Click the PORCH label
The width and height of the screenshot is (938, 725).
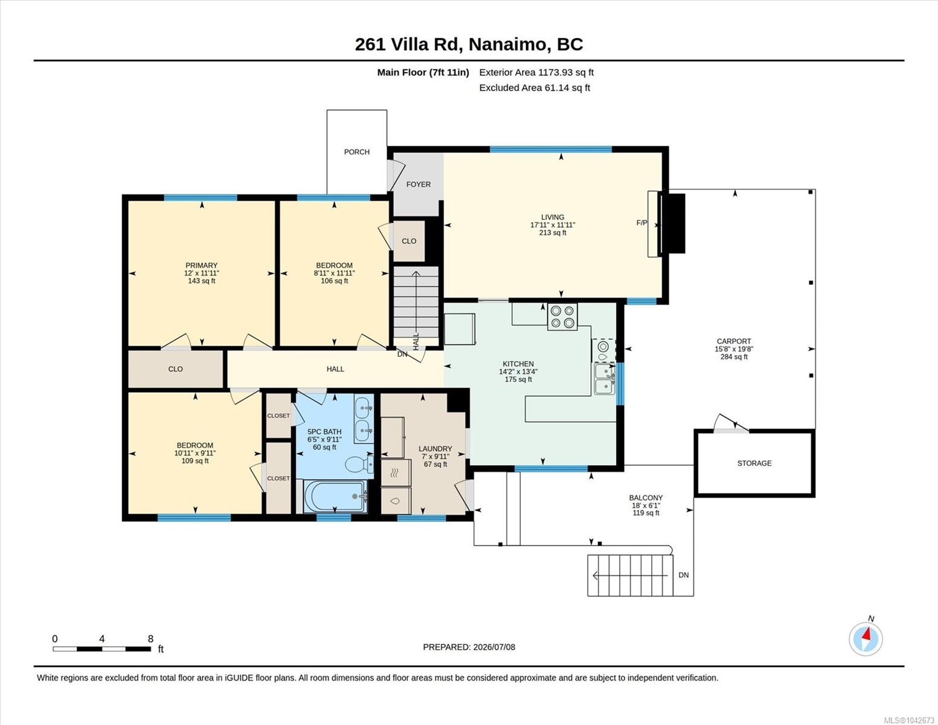coord(356,152)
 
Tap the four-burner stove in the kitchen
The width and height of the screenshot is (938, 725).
coord(562,317)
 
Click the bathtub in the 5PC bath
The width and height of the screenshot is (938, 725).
coord(336,497)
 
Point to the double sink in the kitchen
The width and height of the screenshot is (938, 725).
coord(605,379)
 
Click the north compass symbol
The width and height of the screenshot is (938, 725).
coord(866,639)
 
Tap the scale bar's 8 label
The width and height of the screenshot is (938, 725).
coord(150,639)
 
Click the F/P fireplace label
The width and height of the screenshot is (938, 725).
coord(642,223)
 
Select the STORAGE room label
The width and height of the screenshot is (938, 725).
coord(754,463)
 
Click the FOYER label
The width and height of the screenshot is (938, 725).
coord(419,184)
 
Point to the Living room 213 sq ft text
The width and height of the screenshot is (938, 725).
coord(553,233)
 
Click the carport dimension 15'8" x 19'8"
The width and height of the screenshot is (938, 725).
coord(734,349)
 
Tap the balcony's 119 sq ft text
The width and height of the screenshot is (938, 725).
coord(646,513)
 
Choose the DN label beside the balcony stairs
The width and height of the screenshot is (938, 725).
coord(683,575)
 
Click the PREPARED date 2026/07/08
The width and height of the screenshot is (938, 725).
coord(494,647)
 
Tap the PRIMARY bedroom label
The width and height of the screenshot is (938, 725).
coord(201,266)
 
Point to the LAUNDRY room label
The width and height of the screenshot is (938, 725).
coord(435,449)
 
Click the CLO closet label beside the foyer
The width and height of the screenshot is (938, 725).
coord(409,242)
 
